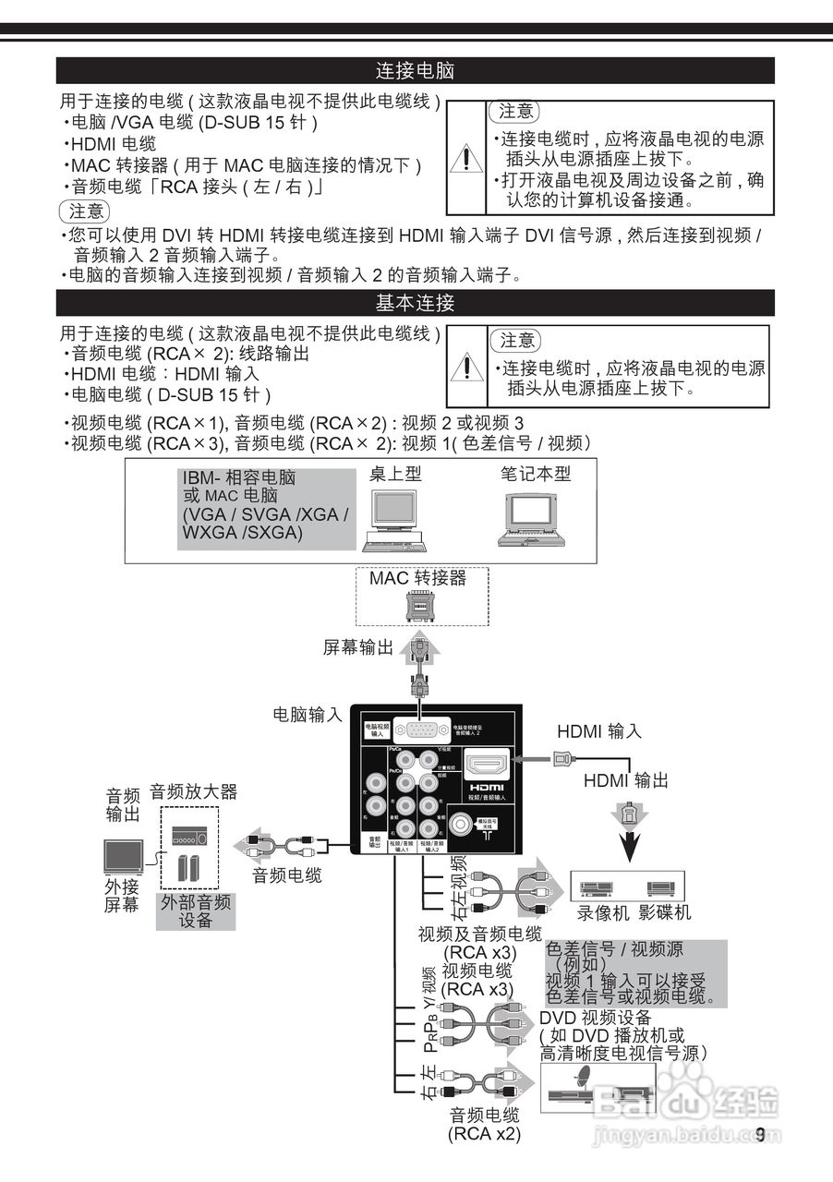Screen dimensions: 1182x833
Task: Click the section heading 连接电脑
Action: pos(415,71)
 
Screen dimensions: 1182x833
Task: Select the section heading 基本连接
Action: pos(415,303)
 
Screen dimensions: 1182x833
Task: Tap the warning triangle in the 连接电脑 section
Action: pos(467,160)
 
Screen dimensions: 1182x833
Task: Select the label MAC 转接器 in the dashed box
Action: pos(417,579)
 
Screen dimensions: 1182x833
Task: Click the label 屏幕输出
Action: pos(357,647)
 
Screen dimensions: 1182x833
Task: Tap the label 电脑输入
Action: pos(308,714)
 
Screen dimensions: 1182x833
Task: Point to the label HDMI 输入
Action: pos(598,731)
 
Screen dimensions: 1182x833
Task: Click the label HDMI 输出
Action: pos(626,781)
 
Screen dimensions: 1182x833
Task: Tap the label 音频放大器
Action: pos(193,791)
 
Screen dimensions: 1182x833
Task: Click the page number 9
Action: pos(760,1135)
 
